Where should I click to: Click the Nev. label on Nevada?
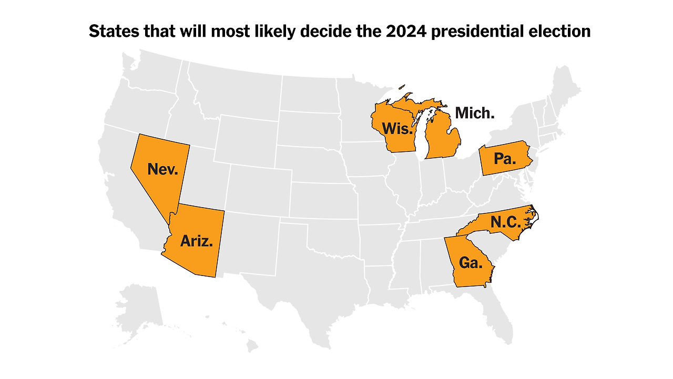162,169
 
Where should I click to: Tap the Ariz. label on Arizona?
196,241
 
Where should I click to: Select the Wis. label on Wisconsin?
397,129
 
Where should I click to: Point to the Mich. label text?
474,113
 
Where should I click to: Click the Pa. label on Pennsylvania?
505,159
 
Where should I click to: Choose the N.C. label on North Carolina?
505,222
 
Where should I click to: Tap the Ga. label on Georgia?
471,262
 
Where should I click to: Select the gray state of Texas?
310,273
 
